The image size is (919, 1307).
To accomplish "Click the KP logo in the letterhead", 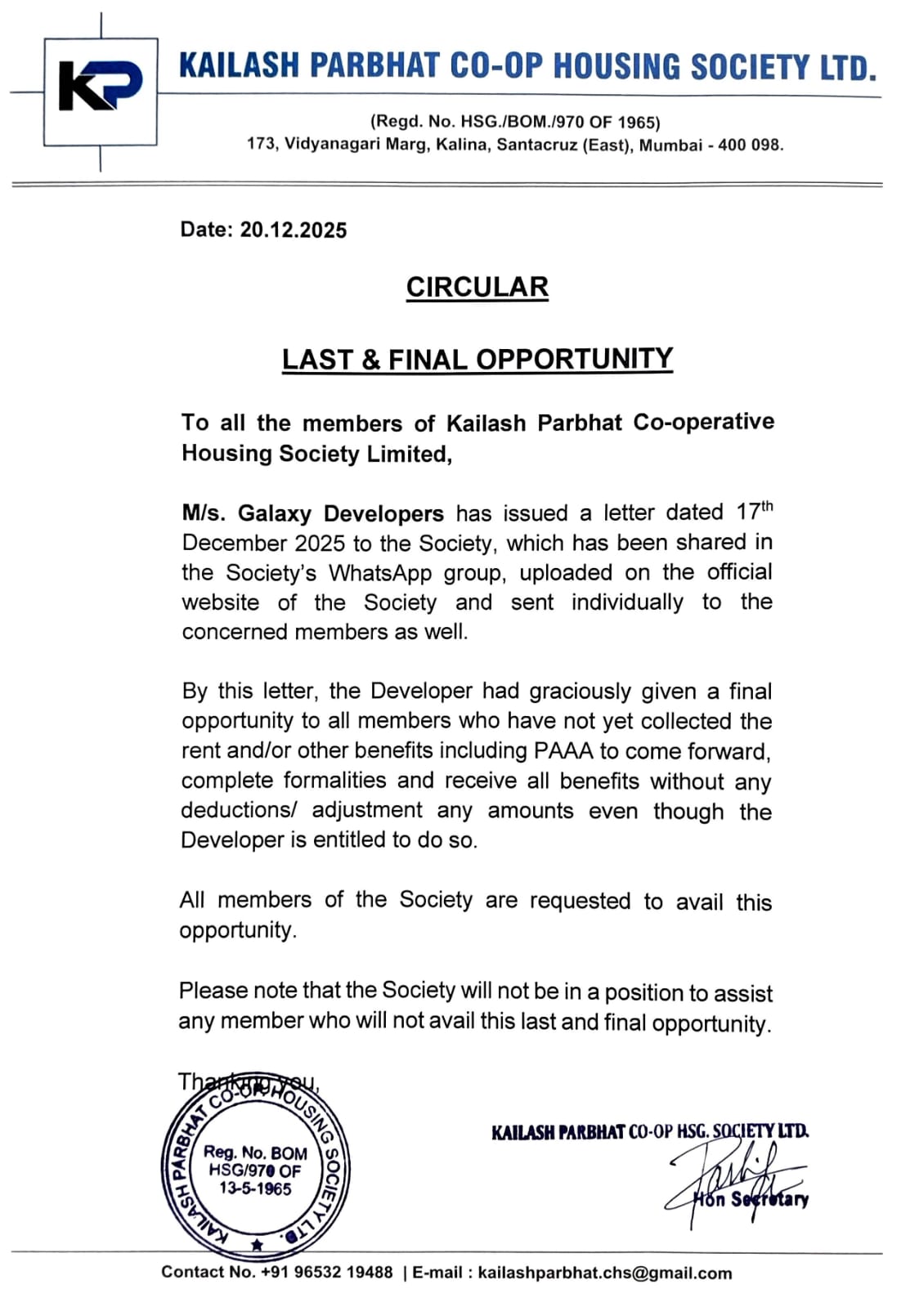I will tap(100, 89).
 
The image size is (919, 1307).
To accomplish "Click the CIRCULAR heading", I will tap(477, 287).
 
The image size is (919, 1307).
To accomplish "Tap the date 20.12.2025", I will tap(293, 230).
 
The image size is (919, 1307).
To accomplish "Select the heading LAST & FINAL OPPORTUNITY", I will tap(477, 359).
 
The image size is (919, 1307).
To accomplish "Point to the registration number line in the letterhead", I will tap(515, 123).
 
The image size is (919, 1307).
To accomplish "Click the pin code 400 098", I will tap(750, 145).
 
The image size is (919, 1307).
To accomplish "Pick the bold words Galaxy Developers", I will tap(340, 513).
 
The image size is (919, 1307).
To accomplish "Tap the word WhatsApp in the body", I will tap(380, 572).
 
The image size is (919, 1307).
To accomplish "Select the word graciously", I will tap(580, 692).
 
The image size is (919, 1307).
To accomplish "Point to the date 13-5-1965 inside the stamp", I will tap(255, 1189).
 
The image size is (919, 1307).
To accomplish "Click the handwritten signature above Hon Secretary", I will tap(736, 1177).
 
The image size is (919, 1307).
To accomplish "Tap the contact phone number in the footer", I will tap(326, 1273).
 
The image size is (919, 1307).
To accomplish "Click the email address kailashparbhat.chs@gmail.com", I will tap(604, 1273).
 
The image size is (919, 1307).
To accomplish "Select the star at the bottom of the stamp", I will tap(257, 1245).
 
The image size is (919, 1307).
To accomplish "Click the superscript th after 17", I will tap(766, 505).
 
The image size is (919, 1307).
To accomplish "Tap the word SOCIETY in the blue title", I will tap(750, 67).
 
